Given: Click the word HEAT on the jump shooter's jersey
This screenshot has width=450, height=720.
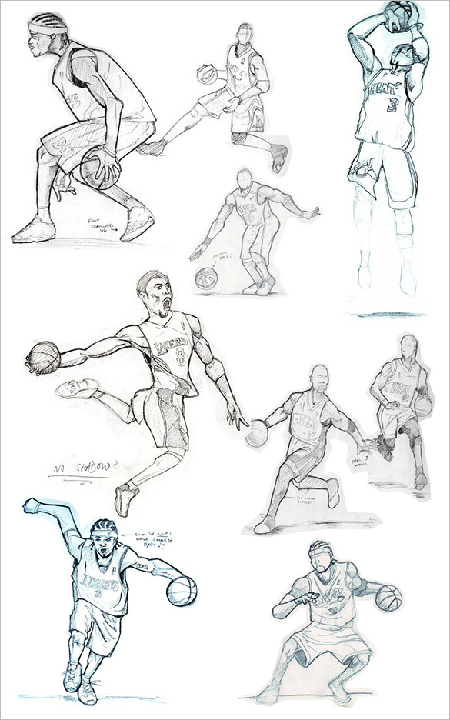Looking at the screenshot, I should (x=384, y=88).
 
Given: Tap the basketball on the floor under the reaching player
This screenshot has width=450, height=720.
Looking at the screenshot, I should (x=206, y=278).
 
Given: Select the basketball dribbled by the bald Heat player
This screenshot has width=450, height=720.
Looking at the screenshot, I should (x=255, y=434).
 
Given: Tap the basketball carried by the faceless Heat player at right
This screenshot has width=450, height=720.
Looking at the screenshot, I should (x=423, y=405).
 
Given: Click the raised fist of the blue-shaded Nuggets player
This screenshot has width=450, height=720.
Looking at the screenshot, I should (x=32, y=505).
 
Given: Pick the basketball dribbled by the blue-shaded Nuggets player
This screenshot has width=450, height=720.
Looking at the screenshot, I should (x=182, y=590).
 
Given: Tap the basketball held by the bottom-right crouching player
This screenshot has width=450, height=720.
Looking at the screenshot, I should (x=388, y=597).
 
